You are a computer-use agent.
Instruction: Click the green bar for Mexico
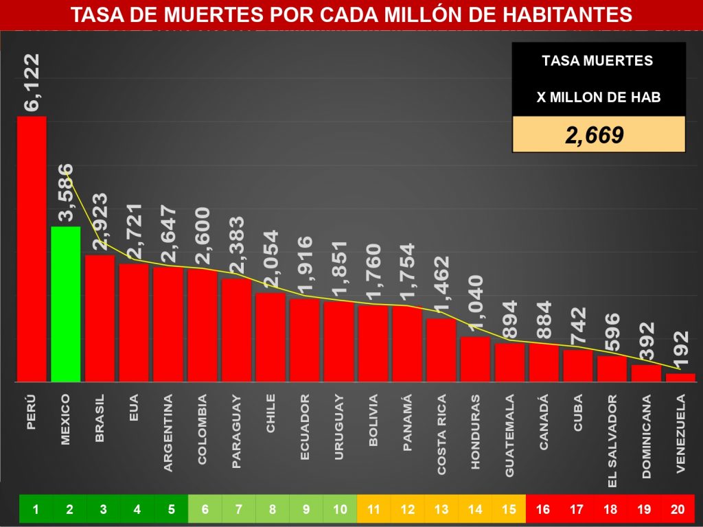66,304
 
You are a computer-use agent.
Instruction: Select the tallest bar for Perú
32,248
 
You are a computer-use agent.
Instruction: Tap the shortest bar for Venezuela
680,377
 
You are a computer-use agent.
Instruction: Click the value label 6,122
32,83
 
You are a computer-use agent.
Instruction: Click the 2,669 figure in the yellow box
594,134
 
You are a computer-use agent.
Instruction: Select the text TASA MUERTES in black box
597,60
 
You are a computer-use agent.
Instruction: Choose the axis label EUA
134,410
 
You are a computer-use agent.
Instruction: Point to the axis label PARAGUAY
236,431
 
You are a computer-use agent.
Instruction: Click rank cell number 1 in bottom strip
36,509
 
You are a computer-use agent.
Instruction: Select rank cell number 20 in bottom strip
678,509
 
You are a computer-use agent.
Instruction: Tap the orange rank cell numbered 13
441,509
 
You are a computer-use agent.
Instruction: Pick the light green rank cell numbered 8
272,509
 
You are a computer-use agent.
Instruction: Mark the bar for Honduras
475,359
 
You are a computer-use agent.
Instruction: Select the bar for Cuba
577,365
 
